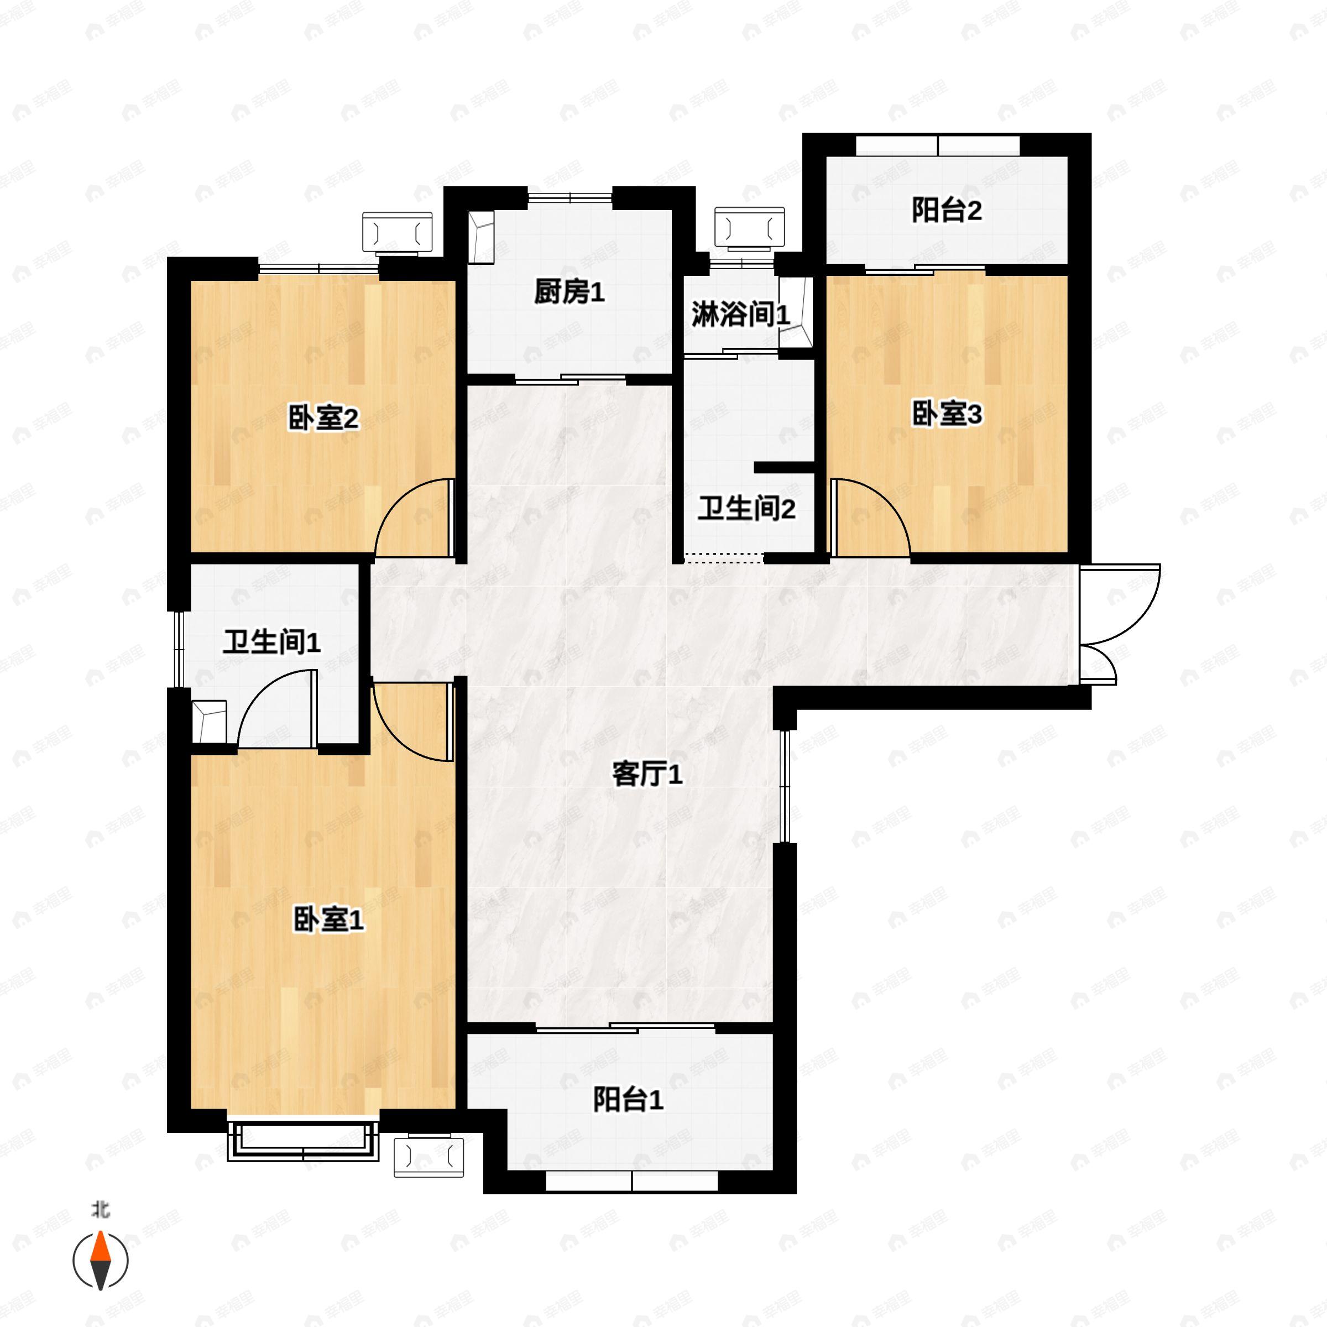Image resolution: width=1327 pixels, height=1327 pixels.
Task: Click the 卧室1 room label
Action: [328, 920]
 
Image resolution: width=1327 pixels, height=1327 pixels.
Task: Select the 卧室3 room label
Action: [947, 414]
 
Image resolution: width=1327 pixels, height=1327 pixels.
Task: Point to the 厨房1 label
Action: [569, 292]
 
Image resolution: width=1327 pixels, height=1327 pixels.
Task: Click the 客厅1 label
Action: [646, 775]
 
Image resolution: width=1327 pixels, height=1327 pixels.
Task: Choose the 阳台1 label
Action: [628, 1100]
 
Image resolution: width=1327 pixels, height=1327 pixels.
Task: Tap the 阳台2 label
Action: [947, 210]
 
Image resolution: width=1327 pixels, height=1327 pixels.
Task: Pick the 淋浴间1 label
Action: [740, 315]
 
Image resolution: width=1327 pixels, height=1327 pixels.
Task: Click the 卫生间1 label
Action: [271, 642]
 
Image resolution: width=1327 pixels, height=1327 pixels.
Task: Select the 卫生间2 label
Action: [746, 509]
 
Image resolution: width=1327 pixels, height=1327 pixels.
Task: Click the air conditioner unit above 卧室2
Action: [398, 233]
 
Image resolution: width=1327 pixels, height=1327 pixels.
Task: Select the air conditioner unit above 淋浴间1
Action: [749, 227]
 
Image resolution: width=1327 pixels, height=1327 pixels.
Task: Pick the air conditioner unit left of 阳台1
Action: [429, 1157]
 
